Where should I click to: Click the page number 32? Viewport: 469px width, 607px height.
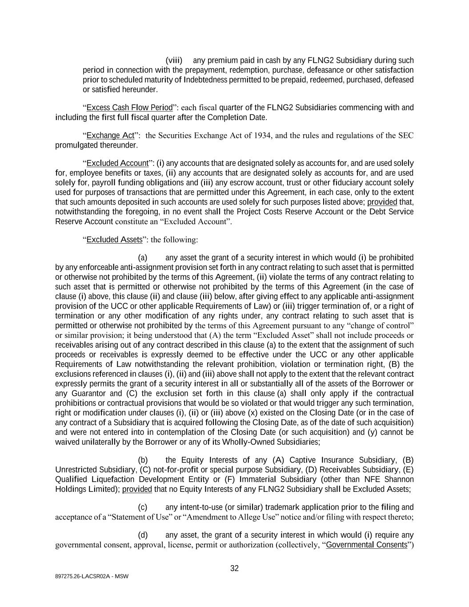pos(234,568)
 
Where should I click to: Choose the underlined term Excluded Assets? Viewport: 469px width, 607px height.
pos(114,240)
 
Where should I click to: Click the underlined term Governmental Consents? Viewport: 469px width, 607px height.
pos(367,545)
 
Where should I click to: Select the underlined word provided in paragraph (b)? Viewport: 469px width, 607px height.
pos(137,489)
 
